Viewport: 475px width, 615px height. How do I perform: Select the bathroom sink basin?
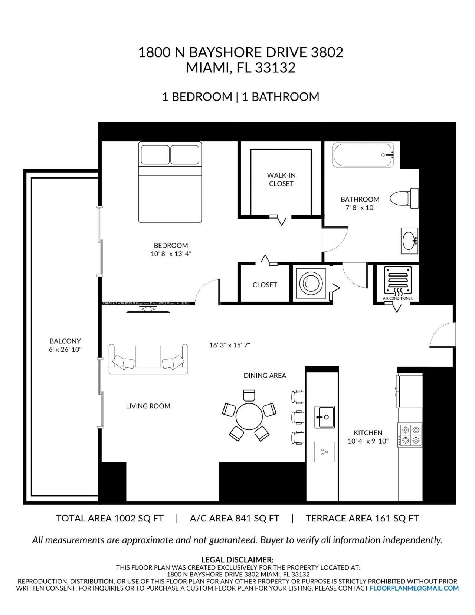(x=409, y=241)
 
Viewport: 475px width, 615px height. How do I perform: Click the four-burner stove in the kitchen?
(x=410, y=435)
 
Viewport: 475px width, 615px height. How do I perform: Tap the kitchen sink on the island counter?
(x=324, y=417)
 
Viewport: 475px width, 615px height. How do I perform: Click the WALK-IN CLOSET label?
(x=281, y=179)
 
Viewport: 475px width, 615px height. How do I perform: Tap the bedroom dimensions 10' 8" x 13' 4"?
(x=171, y=254)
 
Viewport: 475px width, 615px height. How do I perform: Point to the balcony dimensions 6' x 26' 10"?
(x=65, y=349)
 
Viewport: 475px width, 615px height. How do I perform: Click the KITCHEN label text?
(x=367, y=432)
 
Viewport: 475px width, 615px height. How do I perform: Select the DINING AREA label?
(x=265, y=376)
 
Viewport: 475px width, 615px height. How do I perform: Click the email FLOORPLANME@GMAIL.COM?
(x=414, y=588)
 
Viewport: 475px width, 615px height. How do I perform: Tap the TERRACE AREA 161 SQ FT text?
(x=362, y=518)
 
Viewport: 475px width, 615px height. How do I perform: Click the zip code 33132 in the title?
(x=275, y=68)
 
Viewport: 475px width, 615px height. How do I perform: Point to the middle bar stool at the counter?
(x=298, y=417)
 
